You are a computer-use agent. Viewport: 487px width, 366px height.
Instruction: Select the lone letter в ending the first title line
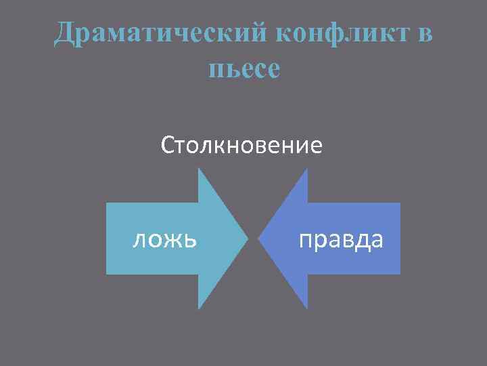424,33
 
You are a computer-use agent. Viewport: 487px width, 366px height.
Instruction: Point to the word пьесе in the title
244,68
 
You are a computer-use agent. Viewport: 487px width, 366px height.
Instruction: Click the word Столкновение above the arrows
241,146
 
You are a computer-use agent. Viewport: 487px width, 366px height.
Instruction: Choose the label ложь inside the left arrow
165,239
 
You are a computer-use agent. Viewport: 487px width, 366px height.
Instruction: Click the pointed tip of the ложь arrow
248,239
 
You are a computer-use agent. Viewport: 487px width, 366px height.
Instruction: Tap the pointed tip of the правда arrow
260,239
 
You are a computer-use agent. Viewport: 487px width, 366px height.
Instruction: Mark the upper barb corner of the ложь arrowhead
199,169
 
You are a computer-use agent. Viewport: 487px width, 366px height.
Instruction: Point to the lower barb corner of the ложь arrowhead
199,309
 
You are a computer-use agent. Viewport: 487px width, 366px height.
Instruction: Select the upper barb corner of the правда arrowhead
308,169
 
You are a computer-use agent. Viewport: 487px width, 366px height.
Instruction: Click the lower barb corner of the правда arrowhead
308,309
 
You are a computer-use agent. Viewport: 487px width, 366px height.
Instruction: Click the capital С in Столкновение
168,146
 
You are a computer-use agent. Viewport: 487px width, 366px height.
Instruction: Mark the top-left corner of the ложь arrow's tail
107,203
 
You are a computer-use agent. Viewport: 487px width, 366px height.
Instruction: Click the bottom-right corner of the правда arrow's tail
400,274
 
